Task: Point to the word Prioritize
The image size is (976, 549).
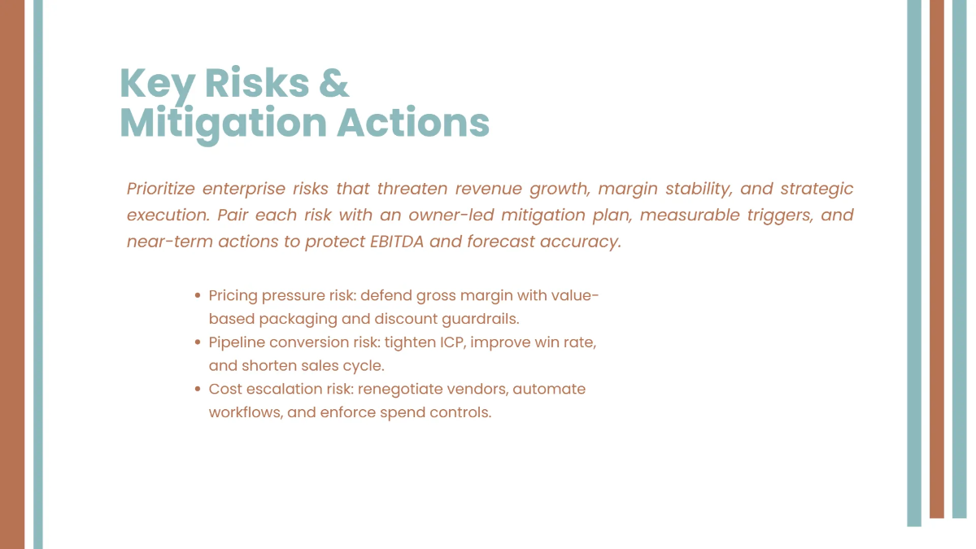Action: coord(159,189)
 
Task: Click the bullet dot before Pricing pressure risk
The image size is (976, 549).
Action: coord(198,296)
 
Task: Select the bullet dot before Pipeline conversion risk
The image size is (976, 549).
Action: coord(198,342)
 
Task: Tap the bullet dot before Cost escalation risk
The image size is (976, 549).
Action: coord(198,390)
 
